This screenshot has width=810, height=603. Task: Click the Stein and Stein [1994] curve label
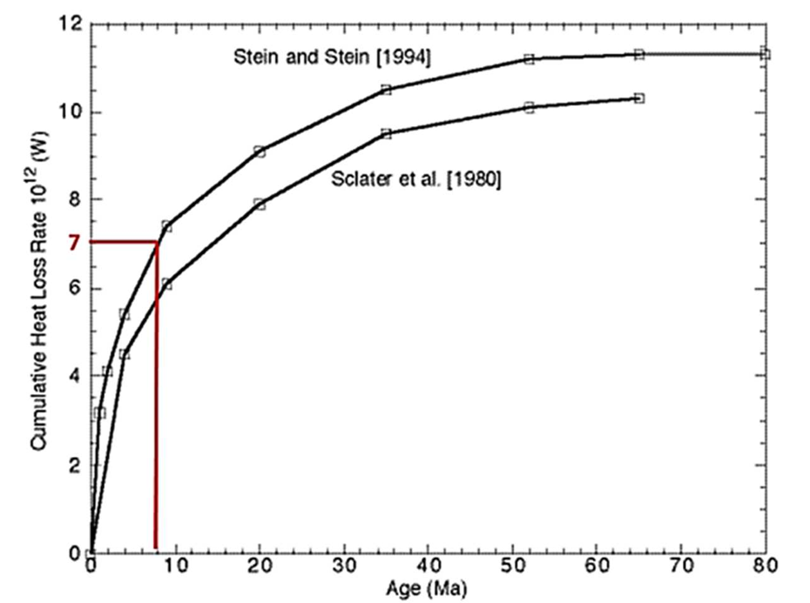tap(334, 57)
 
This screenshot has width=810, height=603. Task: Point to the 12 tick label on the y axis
tap(72, 24)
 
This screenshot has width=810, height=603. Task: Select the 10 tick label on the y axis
tap(72, 113)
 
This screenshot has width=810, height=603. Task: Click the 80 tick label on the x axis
tap(766, 567)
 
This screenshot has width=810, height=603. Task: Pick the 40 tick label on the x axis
tap(428, 567)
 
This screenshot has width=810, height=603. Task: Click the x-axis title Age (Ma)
tap(428, 590)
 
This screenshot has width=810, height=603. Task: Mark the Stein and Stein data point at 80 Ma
tap(765, 54)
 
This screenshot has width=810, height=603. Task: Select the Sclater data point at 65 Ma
tap(639, 98)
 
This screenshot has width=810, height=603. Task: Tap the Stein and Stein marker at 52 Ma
tap(529, 59)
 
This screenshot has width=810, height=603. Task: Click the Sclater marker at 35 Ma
tap(386, 134)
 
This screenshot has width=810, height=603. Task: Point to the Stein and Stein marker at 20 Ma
tap(260, 151)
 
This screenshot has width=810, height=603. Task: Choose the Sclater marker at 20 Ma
tap(260, 204)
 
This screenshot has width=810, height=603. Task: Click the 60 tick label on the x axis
tap(597, 567)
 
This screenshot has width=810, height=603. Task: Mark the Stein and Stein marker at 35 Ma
tap(386, 90)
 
